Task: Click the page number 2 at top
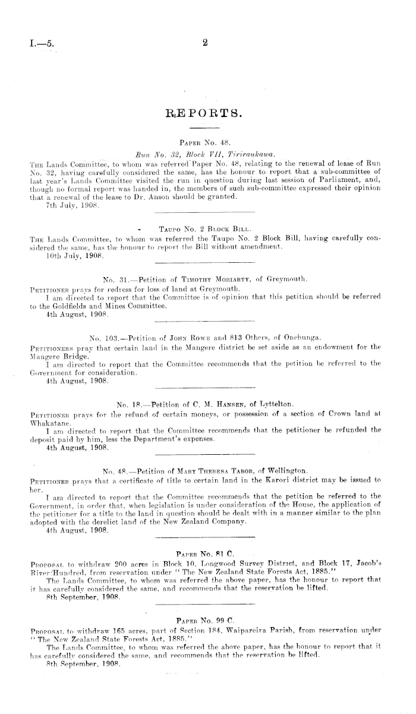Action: click(204, 42)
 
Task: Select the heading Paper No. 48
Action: click(204, 143)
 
